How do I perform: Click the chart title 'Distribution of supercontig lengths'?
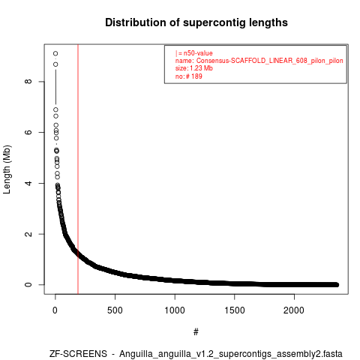click(x=196, y=22)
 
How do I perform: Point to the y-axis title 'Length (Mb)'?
click(x=7, y=169)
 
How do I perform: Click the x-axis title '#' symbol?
click(x=196, y=332)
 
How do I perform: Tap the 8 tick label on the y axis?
click(x=28, y=82)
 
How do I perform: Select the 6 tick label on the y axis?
click(x=28, y=132)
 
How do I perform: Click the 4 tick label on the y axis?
click(x=28, y=183)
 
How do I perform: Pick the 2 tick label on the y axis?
click(x=28, y=234)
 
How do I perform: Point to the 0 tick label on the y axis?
click(x=28, y=285)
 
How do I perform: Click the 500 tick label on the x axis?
click(x=115, y=310)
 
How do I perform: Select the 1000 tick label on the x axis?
click(x=175, y=310)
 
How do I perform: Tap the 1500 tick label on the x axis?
click(x=235, y=310)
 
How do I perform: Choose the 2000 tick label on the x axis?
click(x=294, y=310)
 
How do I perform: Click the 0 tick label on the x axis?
click(x=55, y=310)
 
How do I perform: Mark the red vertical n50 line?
click(x=78, y=169)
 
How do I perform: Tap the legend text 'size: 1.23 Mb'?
click(x=194, y=68)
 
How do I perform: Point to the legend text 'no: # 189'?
click(x=189, y=76)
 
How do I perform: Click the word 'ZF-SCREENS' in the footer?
click(x=78, y=354)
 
